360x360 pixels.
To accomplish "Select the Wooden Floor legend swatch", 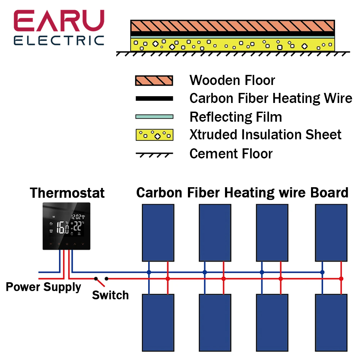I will pyautogui.click(x=154, y=81).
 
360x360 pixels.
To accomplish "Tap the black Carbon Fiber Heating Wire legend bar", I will pyautogui.click(x=154, y=98).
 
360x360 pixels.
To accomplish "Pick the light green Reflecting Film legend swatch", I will pyautogui.click(x=154, y=117).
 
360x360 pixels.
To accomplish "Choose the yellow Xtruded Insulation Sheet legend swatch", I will pyautogui.click(x=154, y=135).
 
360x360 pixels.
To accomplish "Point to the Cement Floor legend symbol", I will pyautogui.click(x=154, y=154).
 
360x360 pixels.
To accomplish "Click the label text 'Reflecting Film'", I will pyautogui.click(x=235, y=117).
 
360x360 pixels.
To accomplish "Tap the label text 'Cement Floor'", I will pyautogui.click(x=231, y=154).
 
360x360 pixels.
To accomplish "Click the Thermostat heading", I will pyautogui.click(x=67, y=193).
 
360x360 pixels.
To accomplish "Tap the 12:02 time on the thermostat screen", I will pyautogui.click(x=76, y=217).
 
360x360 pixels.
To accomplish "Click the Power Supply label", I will pyautogui.click(x=43, y=287).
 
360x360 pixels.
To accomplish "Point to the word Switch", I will pyautogui.click(x=110, y=295).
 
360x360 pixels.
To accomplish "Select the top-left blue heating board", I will pyautogui.click(x=158, y=233).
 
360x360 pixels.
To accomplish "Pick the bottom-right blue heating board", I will pyautogui.click(x=331, y=323).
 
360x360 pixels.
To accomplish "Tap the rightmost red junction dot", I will pyautogui.click(x=341, y=279).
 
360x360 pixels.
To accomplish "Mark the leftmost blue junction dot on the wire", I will pyautogui.click(x=149, y=273).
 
